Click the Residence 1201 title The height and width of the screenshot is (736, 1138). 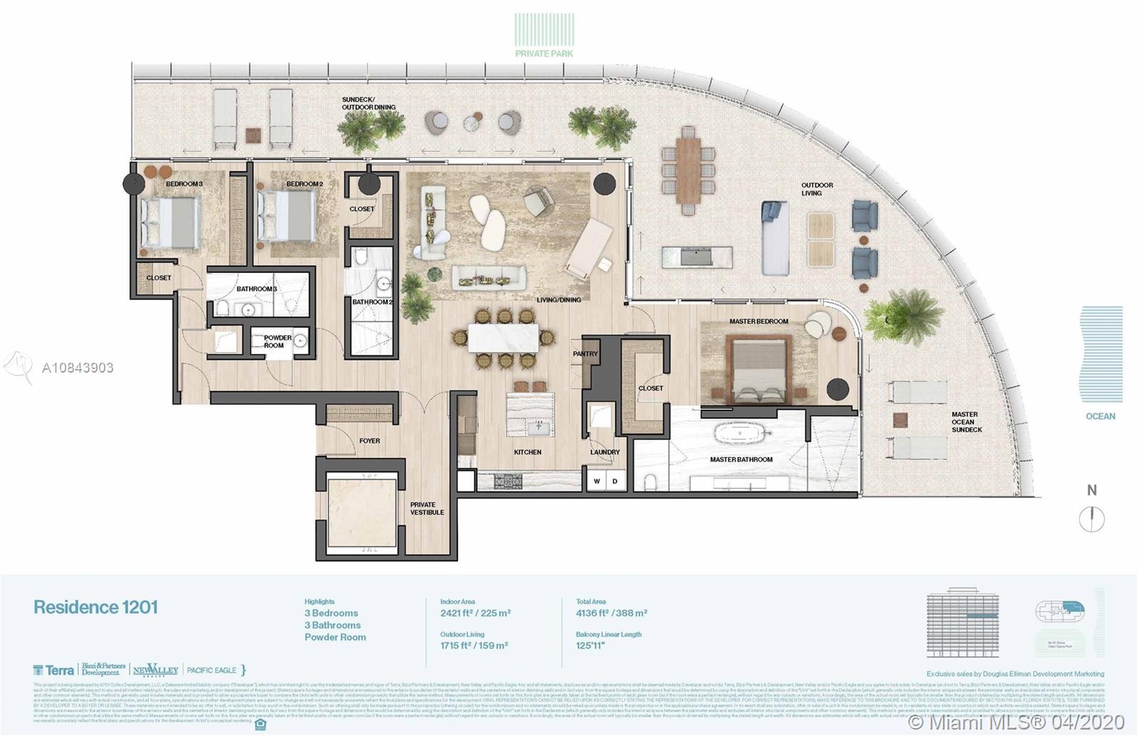point(95,607)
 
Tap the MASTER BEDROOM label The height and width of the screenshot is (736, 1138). point(758,321)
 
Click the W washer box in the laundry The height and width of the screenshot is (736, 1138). point(597,481)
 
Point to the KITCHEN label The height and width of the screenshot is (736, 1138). point(527,452)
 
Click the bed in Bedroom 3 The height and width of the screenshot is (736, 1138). point(169,222)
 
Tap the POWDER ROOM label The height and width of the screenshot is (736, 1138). point(277,342)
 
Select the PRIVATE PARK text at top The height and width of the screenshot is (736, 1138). point(544,53)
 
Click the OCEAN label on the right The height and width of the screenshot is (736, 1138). point(1100,416)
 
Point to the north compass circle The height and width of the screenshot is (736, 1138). point(1091,519)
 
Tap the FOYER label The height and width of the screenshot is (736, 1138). point(369,441)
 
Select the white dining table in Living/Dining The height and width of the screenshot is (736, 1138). point(503,337)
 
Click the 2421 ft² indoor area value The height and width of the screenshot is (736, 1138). point(475,613)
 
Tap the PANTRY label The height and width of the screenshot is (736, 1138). point(585,353)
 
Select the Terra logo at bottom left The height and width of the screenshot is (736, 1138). point(53,670)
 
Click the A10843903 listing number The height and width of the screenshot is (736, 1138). point(78,368)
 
